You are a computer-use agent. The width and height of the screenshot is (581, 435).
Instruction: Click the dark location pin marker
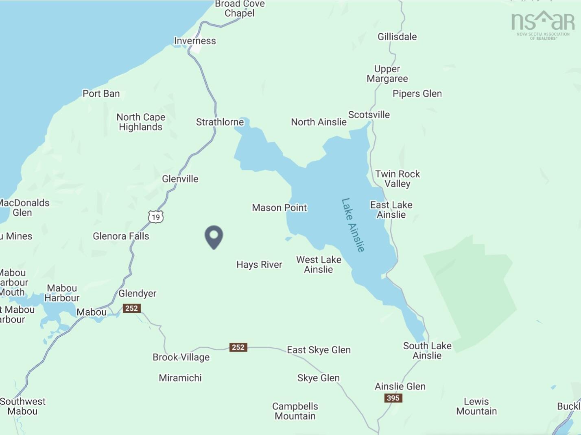coord(214,236)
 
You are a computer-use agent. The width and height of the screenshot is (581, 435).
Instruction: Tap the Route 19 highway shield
coord(155,217)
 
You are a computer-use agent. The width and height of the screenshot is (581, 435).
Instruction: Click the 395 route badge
coord(393,398)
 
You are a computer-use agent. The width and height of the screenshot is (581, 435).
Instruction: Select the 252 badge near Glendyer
coord(131,308)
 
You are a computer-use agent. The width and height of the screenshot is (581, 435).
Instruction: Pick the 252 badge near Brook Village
coord(238,347)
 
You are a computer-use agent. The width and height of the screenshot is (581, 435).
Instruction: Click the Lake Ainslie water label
coord(353,225)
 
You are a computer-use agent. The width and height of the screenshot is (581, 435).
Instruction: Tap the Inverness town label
coord(195,41)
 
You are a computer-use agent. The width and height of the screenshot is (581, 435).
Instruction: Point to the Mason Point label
coord(279,208)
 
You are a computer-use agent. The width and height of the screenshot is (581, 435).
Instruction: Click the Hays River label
coord(259,265)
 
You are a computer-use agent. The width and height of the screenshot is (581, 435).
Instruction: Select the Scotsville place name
coord(369,115)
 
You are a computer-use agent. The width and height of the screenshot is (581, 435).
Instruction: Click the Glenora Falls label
coord(121,236)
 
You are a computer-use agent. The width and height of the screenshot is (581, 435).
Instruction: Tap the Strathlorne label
coord(220,122)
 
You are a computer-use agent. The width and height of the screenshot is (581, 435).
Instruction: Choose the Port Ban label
coord(101,94)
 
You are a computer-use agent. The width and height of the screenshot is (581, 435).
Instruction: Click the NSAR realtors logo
coord(543,25)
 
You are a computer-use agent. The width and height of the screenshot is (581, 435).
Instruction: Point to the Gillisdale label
coord(397,37)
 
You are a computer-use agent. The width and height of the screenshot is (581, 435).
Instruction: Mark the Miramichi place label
coord(180,378)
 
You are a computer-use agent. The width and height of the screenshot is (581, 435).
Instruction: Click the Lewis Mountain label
coord(476,407)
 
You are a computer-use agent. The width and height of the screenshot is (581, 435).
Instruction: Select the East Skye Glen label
coord(319,350)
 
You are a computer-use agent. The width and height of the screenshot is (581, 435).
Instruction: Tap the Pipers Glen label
coord(417,94)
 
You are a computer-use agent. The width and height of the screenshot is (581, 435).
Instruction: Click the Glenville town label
coord(180,179)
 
